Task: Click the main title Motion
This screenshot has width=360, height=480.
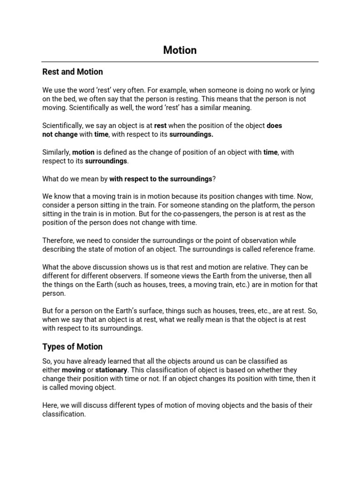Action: coord(180,50)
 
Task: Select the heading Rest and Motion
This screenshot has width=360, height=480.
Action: coord(73,72)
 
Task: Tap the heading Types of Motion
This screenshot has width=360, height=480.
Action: coord(73,347)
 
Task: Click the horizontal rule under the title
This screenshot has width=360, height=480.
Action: coord(180,61)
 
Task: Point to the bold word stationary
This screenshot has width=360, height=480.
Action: coord(111,370)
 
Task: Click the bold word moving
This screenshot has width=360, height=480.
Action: coord(74,370)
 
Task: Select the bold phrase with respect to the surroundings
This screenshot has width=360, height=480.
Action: coord(161,179)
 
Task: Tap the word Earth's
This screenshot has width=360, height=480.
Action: coord(133,311)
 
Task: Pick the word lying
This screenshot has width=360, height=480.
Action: coord(306,90)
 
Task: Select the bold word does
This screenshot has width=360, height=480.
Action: coord(274,126)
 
